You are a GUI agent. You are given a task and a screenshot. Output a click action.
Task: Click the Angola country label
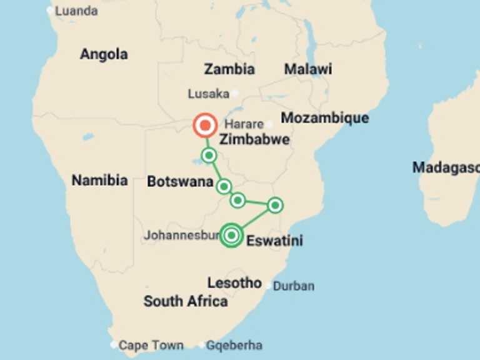[104, 54]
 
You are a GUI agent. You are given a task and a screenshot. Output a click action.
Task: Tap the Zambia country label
[229, 69]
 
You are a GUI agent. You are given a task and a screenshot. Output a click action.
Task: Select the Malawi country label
[308, 69]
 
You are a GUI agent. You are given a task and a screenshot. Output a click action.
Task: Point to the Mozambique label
[325, 118]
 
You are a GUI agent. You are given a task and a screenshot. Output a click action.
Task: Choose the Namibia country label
[99, 181]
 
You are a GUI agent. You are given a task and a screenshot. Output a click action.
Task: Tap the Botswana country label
[176, 182]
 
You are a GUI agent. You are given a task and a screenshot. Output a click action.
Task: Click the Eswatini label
[275, 241]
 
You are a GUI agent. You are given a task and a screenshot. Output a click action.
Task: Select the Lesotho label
[234, 282]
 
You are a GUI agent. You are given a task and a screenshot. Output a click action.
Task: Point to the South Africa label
[186, 301]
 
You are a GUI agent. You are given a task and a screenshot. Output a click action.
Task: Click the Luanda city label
[76, 11]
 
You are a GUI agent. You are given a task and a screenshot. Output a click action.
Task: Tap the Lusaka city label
[209, 94]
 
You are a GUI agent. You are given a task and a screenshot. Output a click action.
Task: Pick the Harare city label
[244, 124]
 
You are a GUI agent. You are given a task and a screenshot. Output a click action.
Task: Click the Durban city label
[294, 286]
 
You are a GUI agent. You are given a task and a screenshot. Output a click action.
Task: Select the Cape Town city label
[151, 345]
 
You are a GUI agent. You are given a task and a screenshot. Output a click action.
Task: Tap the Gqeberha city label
[234, 345]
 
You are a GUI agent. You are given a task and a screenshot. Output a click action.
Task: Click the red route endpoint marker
[204, 125]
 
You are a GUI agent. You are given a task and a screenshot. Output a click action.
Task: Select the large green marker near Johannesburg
[231, 235]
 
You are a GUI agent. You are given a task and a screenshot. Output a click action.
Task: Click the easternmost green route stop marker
[275, 204]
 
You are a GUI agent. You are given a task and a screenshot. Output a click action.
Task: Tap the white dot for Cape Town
[113, 344]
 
